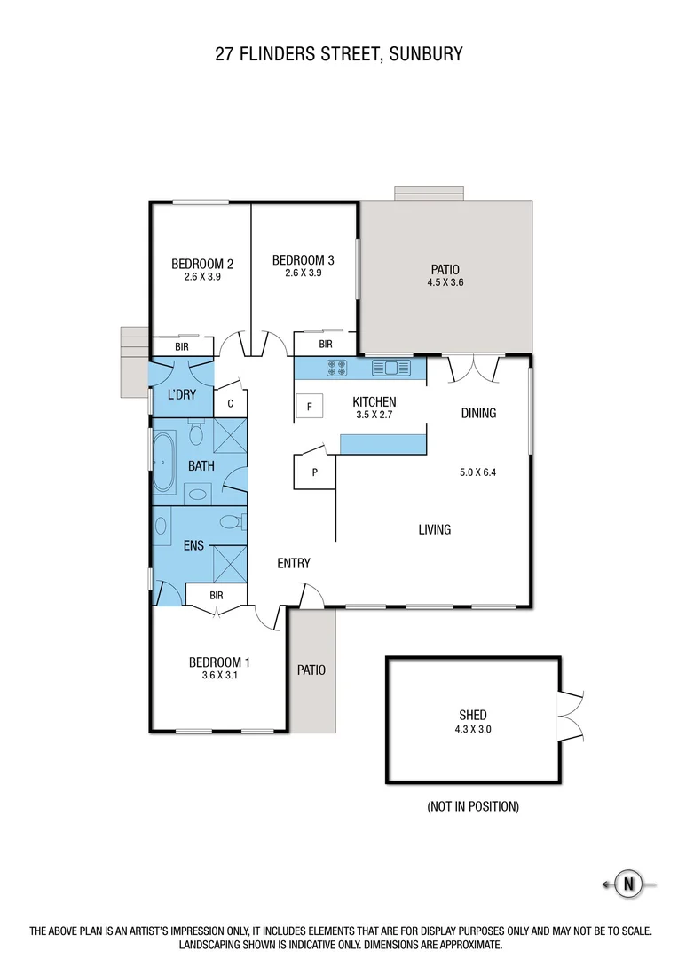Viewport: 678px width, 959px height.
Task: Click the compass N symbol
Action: [629, 884]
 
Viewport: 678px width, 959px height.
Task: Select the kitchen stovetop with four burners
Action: [338, 367]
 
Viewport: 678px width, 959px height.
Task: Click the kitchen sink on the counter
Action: [390, 367]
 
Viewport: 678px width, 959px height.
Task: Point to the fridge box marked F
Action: [309, 408]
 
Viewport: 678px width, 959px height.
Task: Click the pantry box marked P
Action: [314, 472]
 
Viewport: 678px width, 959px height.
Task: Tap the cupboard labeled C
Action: [231, 403]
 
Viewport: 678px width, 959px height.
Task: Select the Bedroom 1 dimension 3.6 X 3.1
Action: [219, 675]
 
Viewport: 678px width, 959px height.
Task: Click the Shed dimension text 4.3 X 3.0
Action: [473, 728]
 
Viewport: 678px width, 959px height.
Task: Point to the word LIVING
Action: [435, 529]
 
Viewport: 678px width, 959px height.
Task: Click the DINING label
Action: [478, 413]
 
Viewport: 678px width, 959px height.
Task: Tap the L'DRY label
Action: [181, 394]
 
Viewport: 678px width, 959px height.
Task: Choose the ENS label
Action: [194, 546]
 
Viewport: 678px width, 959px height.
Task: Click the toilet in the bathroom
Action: [196, 433]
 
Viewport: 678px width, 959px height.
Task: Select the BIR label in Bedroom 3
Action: [325, 344]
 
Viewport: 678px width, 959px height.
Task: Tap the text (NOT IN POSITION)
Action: [473, 806]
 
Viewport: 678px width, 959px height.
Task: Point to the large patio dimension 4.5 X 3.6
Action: [445, 283]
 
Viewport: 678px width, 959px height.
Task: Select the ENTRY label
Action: [293, 563]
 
